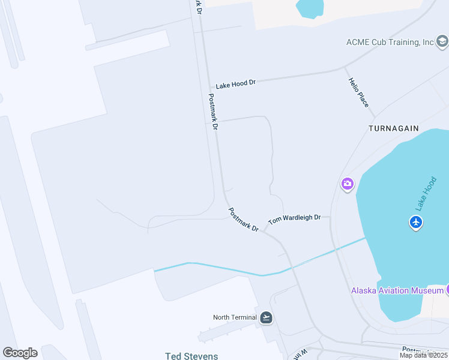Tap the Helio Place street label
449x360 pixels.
click(358, 93)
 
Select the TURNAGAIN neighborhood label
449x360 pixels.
click(393, 129)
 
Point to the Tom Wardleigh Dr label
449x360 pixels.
click(294, 219)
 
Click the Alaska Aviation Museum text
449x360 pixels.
click(397, 291)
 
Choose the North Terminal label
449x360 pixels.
click(234, 317)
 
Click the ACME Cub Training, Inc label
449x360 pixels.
click(390, 42)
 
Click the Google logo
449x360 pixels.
click(20, 353)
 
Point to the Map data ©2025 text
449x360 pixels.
click(423, 355)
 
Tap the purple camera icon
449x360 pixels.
click(348, 184)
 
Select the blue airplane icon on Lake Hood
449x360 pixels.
click(416, 223)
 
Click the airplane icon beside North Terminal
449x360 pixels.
click(266, 317)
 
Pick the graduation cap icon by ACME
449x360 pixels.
click(442, 41)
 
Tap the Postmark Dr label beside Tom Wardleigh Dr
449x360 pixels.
click(243, 220)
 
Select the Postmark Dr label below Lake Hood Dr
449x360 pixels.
click(213, 112)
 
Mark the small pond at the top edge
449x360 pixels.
click(309, 7)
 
